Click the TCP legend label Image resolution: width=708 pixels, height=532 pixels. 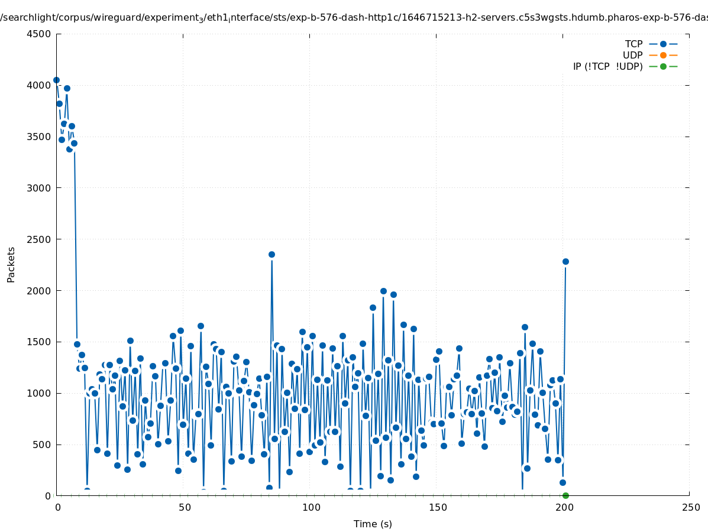(633, 44)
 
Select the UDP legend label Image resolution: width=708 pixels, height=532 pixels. (632, 55)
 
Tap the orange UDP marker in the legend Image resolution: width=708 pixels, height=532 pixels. (663, 55)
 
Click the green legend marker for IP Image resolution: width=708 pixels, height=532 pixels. (663, 66)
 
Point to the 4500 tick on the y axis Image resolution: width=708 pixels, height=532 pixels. (40, 34)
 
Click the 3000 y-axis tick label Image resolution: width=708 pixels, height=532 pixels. (40, 188)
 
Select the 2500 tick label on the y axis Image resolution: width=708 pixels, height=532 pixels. (40, 239)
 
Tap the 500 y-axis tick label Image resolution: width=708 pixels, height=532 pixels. (42, 445)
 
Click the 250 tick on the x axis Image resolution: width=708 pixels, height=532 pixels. (690, 507)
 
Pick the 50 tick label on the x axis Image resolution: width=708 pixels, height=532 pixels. (184, 507)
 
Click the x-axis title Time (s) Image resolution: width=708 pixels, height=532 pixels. (373, 524)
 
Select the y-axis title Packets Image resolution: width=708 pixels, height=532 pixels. (11, 264)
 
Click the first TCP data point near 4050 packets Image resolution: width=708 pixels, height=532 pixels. (56, 80)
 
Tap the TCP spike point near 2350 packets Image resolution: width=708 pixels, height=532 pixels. (271, 254)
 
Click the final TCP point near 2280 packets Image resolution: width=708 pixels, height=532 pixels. (565, 261)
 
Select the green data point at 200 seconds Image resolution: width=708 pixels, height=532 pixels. (565, 495)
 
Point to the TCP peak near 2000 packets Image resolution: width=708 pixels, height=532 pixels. (383, 291)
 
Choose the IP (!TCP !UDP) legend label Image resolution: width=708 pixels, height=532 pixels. (607, 66)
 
